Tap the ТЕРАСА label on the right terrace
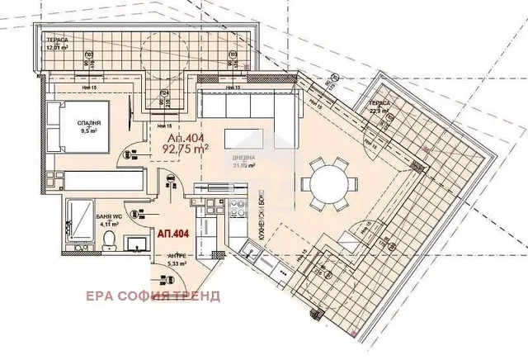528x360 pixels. [379, 105]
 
